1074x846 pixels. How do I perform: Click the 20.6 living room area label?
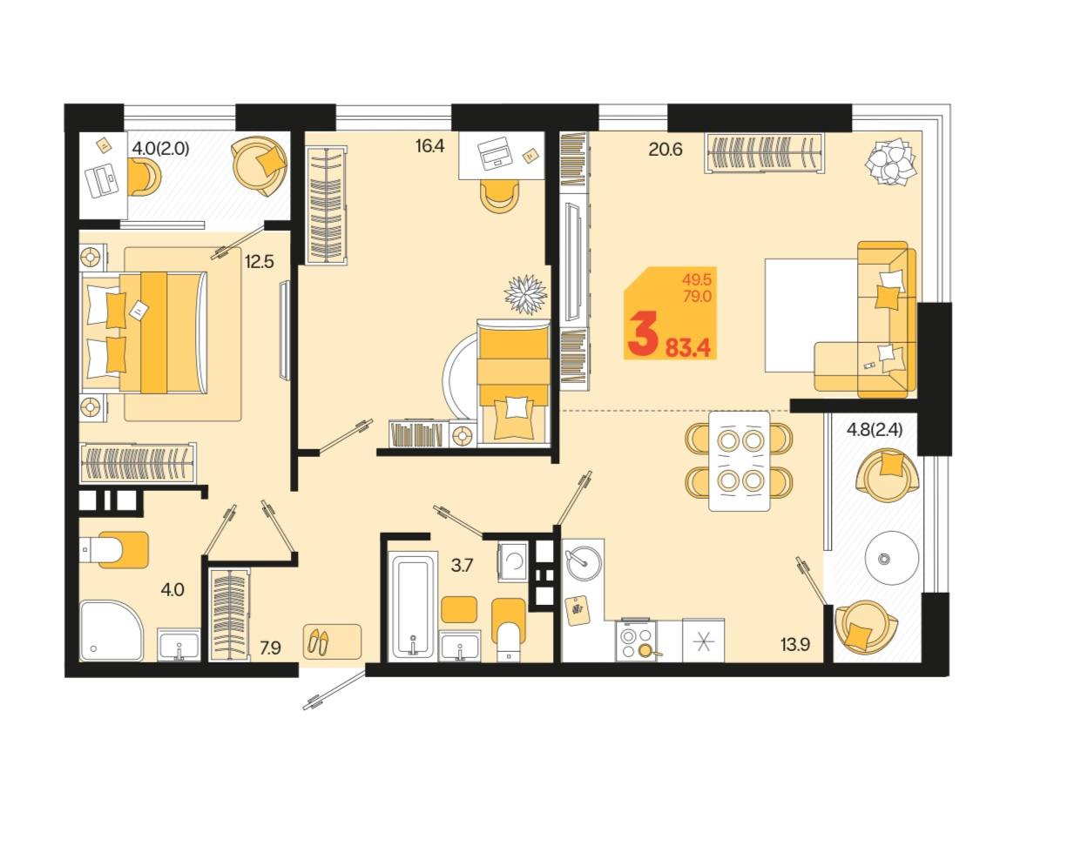click(665, 149)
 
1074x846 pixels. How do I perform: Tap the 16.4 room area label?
click(429, 146)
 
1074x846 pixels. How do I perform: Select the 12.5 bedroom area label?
click(259, 261)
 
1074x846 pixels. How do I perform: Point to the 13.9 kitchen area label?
click(795, 645)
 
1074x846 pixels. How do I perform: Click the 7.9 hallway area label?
click(270, 648)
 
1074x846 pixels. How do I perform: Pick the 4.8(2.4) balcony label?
click(875, 429)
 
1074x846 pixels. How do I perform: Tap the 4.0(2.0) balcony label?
click(160, 148)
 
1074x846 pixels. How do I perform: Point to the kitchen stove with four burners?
click(636, 641)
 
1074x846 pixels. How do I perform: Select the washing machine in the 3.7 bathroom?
click(512, 561)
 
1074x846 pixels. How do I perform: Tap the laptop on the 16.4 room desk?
click(494, 154)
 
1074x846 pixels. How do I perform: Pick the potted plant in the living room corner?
click(891, 161)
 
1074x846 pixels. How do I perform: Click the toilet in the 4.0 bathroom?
click(115, 550)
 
